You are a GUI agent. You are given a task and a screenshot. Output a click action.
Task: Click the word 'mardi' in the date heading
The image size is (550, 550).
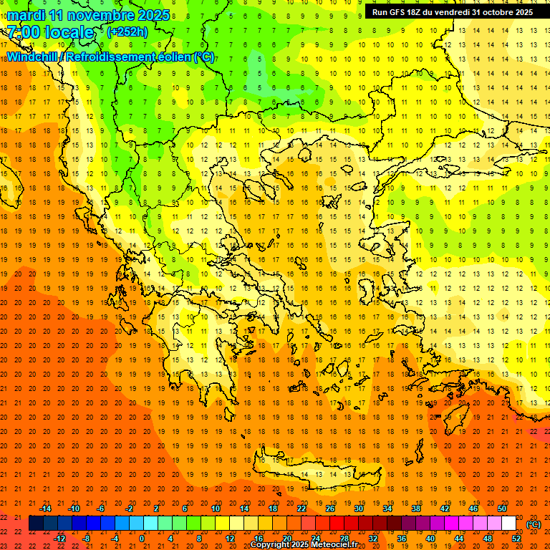[26, 15]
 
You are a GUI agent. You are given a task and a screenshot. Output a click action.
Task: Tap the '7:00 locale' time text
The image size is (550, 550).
[50, 32]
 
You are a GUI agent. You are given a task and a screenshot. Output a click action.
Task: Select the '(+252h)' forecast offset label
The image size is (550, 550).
[127, 32]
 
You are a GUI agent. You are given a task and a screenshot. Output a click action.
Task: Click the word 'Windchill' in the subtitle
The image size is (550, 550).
[33, 57]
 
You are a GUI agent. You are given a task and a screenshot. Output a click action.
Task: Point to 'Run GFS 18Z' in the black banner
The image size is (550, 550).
[401, 12]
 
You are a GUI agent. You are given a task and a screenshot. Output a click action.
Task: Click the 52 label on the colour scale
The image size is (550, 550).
[516, 538]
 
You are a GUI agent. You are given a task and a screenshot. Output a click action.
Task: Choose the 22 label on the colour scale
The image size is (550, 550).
[301, 508]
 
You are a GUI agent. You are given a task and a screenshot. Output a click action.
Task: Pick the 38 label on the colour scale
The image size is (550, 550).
[416, 508]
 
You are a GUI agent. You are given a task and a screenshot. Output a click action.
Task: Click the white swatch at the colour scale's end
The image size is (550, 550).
[509, 524]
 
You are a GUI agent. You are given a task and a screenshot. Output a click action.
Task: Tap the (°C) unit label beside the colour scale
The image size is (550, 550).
[533, 524]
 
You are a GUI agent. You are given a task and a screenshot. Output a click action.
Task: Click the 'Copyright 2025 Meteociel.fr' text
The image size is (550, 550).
[304, 545]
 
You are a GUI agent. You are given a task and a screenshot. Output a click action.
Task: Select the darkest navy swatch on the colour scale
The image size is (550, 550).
[36, 524]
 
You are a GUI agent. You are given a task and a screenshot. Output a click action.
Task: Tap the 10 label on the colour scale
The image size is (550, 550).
[216, 508]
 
